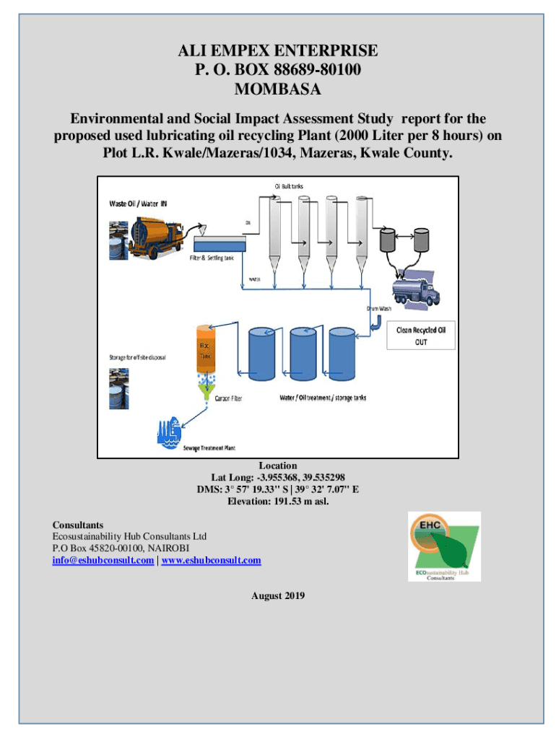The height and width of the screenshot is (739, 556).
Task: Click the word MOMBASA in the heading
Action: (x=278, y=90)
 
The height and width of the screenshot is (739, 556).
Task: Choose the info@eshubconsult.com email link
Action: (x=103, y=560)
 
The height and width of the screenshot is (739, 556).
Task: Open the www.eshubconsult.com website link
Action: (x=211, y=560)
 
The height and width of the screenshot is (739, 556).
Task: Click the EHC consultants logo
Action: (x=443, y=546)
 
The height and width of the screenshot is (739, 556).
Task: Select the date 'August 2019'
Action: (x=278, y=595)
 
